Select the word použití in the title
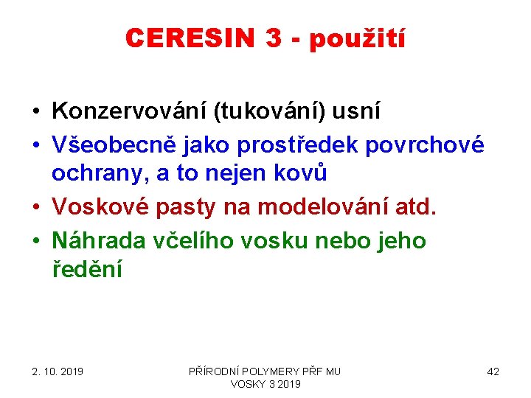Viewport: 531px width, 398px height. pyautogui.click(x=357, y=39)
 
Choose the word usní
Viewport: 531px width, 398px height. pyautogui.click(x=357, y=111)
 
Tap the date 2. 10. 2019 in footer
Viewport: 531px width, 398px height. pyautogui.click(x=58, y=371)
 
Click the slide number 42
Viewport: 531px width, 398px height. pyautogui.click(x=493, y=371)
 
